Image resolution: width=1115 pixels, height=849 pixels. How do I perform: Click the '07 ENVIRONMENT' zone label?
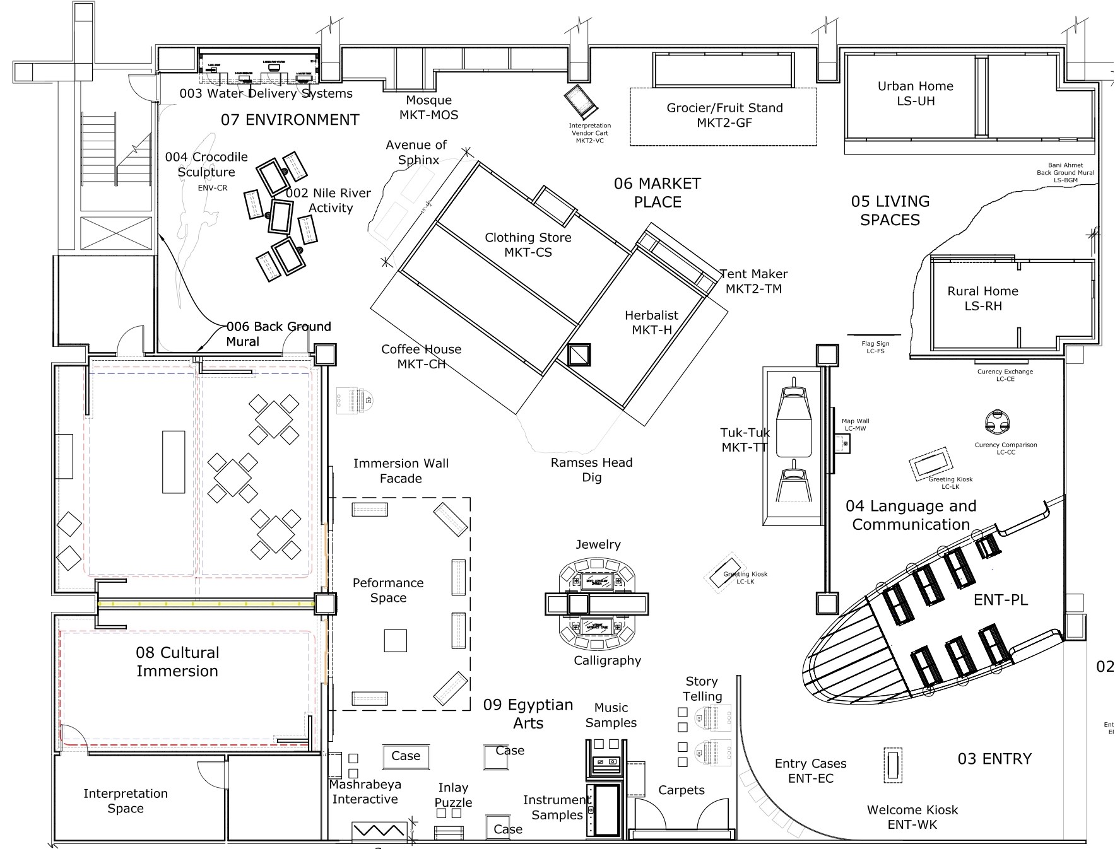(x=290, y=120)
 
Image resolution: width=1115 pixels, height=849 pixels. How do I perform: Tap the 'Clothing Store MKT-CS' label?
(x=528, y=245)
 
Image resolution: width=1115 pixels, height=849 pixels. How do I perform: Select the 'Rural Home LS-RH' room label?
(x=982, y=298)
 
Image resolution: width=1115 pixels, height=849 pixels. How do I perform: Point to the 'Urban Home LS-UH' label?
(x=915, y=93)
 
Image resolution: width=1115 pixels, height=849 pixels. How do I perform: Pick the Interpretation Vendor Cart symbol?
(x=579, y=100)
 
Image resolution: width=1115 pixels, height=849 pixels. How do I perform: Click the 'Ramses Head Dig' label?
(x=591, y=470)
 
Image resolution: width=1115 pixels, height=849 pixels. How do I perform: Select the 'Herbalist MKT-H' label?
(x=651, y=322)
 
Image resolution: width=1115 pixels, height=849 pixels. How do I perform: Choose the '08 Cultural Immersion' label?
(x=177, y=662)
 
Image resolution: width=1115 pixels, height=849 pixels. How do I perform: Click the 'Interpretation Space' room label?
(x=126, y=801)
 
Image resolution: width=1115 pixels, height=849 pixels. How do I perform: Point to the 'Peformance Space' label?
(x=387, y=590)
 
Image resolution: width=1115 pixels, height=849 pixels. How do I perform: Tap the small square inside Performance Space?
(x=396, y=640)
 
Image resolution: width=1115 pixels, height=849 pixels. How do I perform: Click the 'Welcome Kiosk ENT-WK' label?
(x=912, y=817)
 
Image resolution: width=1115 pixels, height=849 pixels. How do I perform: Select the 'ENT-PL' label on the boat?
(x=1000, y=600)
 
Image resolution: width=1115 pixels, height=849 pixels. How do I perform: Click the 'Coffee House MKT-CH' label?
(x=421, y=356)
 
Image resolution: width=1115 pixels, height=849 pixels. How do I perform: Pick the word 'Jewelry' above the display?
(x=598, y=544)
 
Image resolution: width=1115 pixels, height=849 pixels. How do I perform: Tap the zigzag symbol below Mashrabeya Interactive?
(x=379, y=829)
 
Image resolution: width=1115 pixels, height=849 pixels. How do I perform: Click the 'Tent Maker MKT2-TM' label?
(x=753, y=281)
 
